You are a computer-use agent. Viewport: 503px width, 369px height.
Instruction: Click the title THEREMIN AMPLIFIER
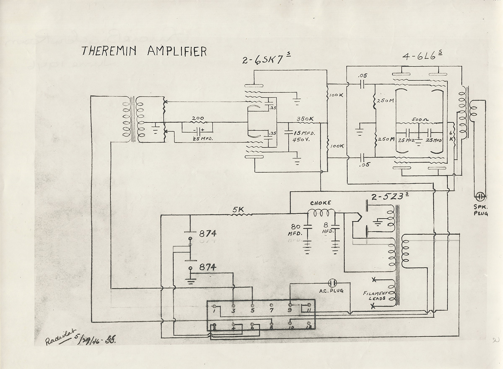[144, 51]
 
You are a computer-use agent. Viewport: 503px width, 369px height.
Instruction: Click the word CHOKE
[321, 203]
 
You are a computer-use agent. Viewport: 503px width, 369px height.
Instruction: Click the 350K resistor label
[305, 119]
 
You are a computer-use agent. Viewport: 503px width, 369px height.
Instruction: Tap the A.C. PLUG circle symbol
[332, 283]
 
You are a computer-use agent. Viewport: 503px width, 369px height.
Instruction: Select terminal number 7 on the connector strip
[272, 311]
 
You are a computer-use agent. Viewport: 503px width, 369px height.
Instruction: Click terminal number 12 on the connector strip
[309, 326]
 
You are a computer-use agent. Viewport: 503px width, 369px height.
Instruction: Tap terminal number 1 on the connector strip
[214, 311]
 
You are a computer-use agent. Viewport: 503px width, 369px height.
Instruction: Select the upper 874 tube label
[208, 234]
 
